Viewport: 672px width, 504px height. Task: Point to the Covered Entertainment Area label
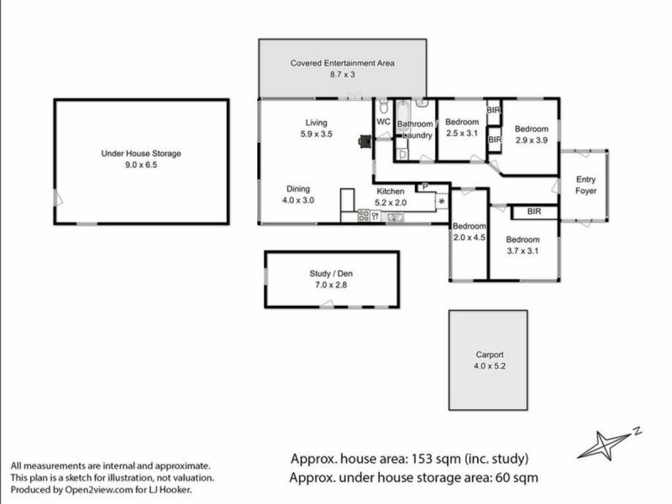[342, 63]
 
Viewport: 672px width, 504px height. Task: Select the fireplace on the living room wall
[363, 142]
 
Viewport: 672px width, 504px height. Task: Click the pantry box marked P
[425, 186]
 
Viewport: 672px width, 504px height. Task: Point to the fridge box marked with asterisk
[440, 202]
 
